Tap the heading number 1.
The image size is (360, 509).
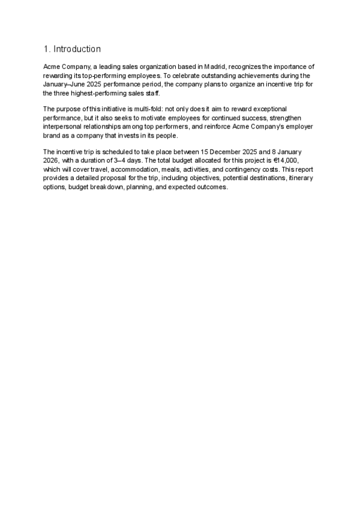(x=46, y=49)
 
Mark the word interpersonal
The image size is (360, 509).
(x=65, y=127)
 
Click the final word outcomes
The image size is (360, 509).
(x=210, y=187)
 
